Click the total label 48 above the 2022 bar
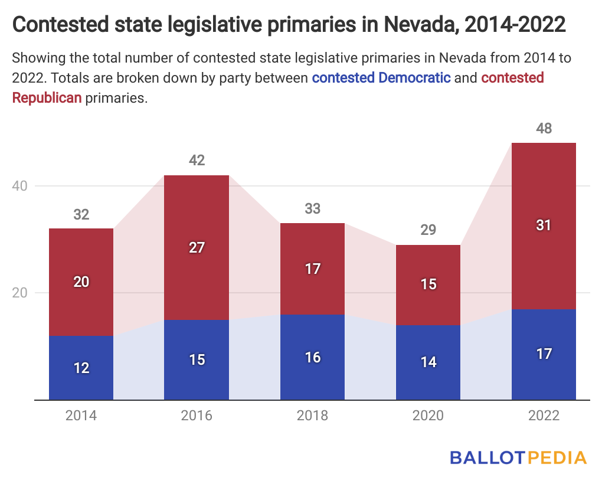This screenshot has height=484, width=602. [544, 128]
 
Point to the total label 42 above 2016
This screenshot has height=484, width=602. [197, 160]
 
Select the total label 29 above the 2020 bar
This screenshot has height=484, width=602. [428, 230]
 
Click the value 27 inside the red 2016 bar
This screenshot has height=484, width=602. [197, 247]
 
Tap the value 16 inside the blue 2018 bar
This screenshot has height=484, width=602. [312, 357]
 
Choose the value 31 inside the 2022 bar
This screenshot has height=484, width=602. [544, 225]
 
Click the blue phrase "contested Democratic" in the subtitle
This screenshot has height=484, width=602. [381, 77]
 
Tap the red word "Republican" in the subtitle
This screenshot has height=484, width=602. [47, 97]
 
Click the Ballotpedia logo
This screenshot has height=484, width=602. [518, 457]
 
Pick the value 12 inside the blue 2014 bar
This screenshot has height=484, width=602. [81, 368]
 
